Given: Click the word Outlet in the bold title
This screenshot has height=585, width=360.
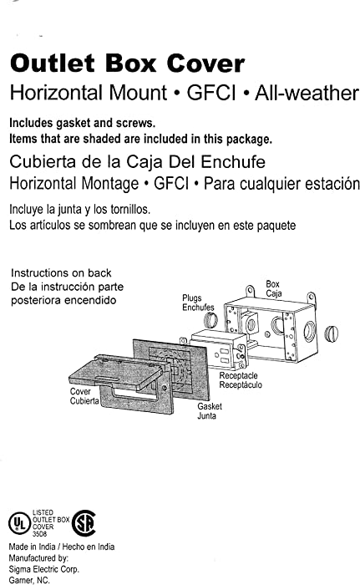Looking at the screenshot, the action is coord(53,63).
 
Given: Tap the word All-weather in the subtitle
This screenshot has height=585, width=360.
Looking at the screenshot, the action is coord(307,93).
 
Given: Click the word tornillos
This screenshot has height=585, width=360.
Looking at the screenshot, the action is coord(130,209).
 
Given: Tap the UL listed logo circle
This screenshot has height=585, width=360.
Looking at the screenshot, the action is coord(18,523).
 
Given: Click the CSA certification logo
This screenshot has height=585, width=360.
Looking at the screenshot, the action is coord(84,523).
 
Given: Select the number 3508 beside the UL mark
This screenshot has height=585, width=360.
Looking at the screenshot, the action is coord(39,533).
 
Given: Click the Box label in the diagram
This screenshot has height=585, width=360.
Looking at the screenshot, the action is coord(272,284).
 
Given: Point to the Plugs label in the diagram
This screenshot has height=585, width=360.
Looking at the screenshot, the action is coord(192,298).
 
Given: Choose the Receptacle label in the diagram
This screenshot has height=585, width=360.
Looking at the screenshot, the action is coord(238,375).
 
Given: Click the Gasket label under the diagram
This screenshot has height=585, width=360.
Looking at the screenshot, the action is coord(210,406).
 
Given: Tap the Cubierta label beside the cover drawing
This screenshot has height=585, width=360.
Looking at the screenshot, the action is coord(84,400).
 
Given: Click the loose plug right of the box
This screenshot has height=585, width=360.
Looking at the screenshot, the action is coord(331,334).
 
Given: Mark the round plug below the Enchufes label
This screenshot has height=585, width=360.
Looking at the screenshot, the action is coord(211,320).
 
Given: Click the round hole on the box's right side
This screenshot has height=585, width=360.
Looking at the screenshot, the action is coord(309,331).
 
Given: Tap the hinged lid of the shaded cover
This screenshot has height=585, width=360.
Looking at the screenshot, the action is coord(115,373).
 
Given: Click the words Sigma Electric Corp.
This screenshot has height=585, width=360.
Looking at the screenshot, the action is coord(44,569).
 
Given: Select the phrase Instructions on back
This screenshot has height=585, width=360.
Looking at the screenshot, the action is coord(61,272).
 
